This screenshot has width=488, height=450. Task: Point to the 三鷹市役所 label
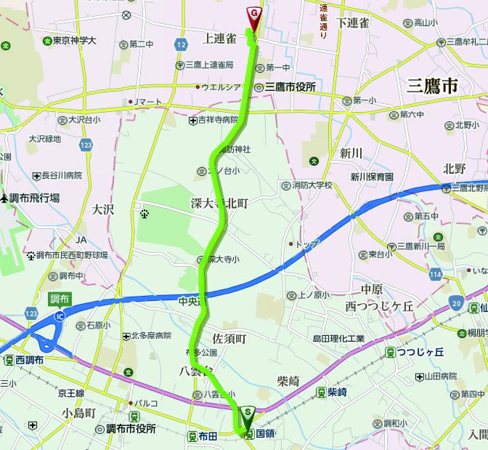click(290, 87)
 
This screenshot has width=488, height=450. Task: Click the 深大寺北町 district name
click(219, 204)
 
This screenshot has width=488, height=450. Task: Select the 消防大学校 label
click(312, 185)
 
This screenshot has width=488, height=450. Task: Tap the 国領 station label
click(265, 434)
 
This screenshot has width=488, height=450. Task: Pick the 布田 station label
click(207, 436)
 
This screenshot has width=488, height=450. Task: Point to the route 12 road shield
click(180, 45)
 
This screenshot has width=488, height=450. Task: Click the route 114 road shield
click(436, 274)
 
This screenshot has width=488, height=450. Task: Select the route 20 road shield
click(456, 303)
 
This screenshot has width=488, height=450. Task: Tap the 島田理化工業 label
click(338, 339)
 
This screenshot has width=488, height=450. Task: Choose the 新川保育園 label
click(371, 177)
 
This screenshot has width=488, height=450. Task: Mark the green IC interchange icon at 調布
click(59, 316)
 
